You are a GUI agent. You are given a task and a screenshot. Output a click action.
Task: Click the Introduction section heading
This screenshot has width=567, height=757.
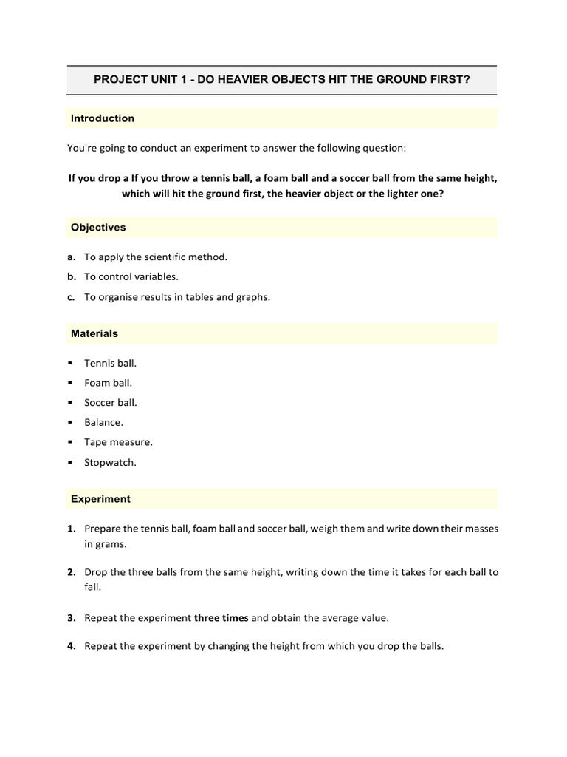tap(103, 118)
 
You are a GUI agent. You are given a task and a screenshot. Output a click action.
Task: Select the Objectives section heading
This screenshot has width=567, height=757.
tap(98, 228)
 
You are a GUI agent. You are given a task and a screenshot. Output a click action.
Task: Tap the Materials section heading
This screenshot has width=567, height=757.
tap(94, 333)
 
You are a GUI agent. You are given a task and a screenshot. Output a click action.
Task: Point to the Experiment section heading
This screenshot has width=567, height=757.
tap(100, 499)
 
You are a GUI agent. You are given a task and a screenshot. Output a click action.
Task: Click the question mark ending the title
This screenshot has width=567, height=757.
tap(467, 80)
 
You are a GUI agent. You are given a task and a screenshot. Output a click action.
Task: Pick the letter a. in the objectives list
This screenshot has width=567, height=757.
tap(71, 257)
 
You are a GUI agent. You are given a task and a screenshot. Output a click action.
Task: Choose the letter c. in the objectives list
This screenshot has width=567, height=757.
tap(71, 297)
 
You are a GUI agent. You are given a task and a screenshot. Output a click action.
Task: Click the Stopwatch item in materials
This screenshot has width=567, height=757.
tap(111, 463)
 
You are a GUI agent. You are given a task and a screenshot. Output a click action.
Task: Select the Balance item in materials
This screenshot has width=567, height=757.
tap(104, 423)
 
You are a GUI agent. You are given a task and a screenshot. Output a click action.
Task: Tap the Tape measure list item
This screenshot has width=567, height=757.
tap(118, 443)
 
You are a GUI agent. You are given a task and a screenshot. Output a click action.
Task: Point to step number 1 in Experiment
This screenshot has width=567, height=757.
tap(71, 529)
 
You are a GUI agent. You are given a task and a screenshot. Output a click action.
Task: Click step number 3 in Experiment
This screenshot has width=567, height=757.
tap(71, 617)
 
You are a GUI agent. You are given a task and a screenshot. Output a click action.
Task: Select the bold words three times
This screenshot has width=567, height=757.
tap(221, 617)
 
